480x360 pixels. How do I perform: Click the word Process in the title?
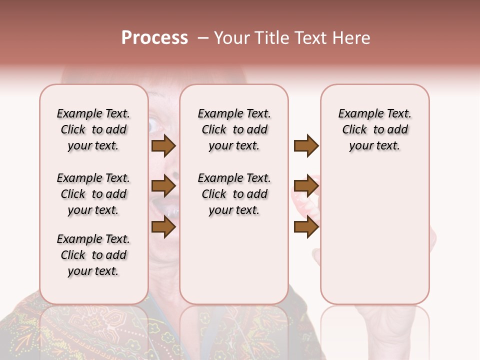pyautogui.click(x=154, y=38)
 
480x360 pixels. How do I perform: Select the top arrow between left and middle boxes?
pyautogui.click(x=163, y=145)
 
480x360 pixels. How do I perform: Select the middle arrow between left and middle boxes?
pyautogui.click(x=163, y=186)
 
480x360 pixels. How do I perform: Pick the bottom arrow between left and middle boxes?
pyautogui.click(x=163, y=227)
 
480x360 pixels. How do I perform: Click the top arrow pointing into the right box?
pyautogui.click(x=306, y=145)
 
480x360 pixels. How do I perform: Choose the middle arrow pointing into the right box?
pyautogui.click(x=306, y=186)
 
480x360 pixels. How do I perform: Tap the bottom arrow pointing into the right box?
pyautogui.click(x=306, y=227)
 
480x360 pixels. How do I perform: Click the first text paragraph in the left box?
pyautogui.click(x=93, y=129)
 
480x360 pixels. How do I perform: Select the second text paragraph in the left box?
pyautogui.click(x=93, y=194)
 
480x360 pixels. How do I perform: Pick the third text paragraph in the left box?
pyautogui.click(x=93, y=255)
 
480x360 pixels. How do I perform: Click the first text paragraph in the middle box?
pyautogui.click(x=234, y=129)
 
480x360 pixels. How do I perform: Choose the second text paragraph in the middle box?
pyautogui.click(x=234, y=194)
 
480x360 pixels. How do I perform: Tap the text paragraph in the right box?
pyautogui.click(x=375, y=129)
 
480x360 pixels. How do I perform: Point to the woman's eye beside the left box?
pyautogui.click(x=152, y=124)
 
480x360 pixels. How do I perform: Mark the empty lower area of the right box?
pyautogui.click(x=375, y=235)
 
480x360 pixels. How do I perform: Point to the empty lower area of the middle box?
pyautogui.click(x=234, y=260)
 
